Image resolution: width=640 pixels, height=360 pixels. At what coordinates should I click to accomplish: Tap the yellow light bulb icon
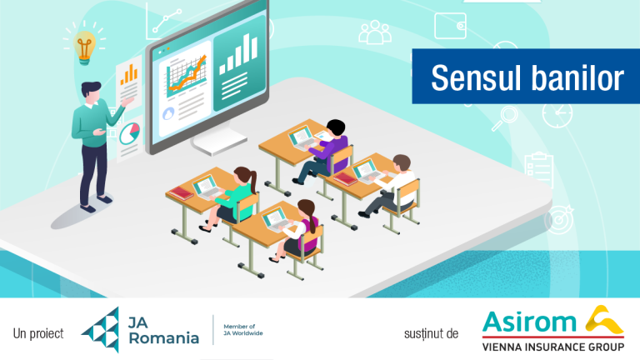[84, 45]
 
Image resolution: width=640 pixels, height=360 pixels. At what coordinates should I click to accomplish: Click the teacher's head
[91, 92]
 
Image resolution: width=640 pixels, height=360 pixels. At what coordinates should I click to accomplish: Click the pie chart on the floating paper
[130, 132]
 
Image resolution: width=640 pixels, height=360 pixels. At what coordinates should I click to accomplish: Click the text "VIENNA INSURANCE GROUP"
[553, 347]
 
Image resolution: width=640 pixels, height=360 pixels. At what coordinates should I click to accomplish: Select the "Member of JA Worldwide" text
[242, 330]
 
